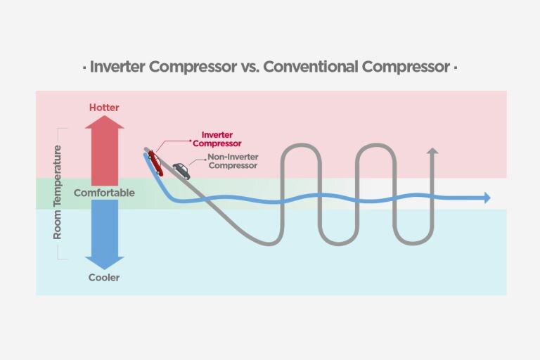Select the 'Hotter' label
104,108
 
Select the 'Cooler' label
104,277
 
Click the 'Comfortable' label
104,192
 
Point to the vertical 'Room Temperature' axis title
58,192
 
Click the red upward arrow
105,150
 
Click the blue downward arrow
105,233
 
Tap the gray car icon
181,170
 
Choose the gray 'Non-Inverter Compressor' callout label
232,161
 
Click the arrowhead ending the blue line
486,198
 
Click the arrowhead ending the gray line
432,151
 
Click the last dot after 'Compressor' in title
455,69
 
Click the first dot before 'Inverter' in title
84,69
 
